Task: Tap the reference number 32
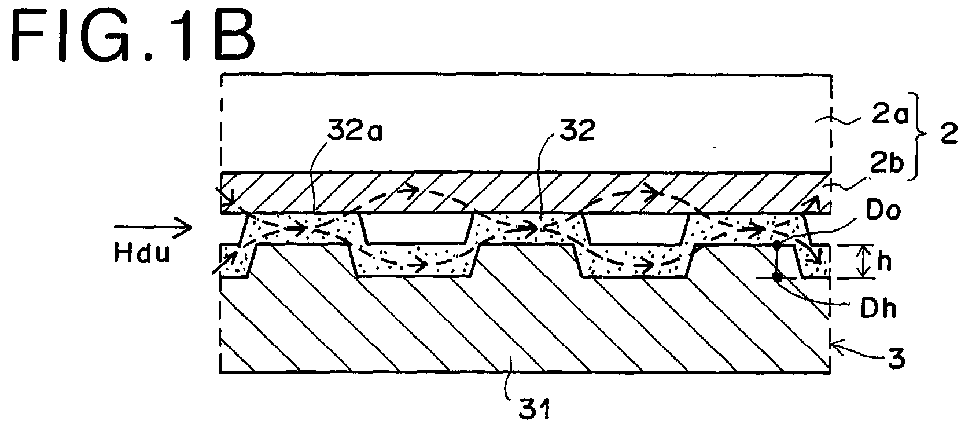(x=577, y=130)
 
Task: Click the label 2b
(x=887, y=163)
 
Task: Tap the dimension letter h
(x=885, y=261)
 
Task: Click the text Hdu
(x=142, y=253)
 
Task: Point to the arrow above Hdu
(x=153, y=227)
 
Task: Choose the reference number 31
(x=535, y=410)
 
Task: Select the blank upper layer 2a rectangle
(x=526, y=124)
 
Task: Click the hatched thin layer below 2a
(x=526, y=193)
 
